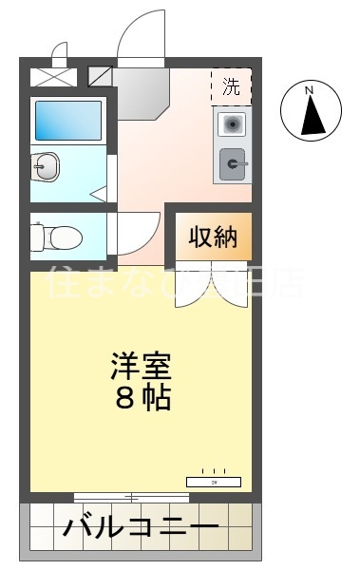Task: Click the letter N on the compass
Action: click(x=309, y=90)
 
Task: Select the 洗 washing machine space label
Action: click(x=231, y=86)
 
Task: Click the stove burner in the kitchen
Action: click(x=232, y=123)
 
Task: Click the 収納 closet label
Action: click(x=212, y=237)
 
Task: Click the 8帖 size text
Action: click(x=142, y=397)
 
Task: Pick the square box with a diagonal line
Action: click(x=100, y=76)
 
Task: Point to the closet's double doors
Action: click(x=212, y=285)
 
